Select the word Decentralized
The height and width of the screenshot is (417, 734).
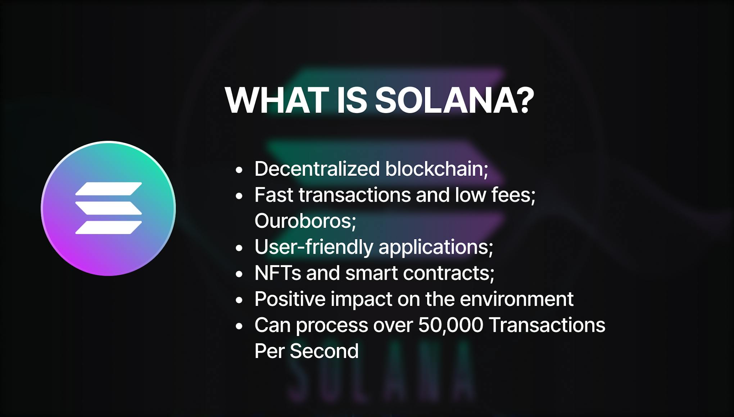tap(317, 169)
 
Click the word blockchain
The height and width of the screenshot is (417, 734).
tap(436, 169)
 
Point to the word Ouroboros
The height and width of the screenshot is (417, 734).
tap(305, 221)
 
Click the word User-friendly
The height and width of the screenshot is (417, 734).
tap(314, 247)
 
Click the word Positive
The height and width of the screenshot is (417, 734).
tap(290, 299)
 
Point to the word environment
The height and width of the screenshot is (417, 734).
tap(517, 299)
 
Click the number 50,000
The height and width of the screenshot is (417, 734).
tap(450, 325)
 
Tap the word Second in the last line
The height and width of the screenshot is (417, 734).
tap(324, 351)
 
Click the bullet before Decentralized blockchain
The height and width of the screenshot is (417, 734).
tap(239, 170)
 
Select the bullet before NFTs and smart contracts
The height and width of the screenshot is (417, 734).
tap(239, 274)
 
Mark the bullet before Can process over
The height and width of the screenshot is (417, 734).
tap(239, 326)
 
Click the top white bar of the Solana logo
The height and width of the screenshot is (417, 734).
tap(109, 189)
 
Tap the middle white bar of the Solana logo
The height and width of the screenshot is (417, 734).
tap(109, 208)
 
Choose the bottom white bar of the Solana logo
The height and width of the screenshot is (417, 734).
tap(109, 228)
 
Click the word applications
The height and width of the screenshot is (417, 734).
tap(436, 247)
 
